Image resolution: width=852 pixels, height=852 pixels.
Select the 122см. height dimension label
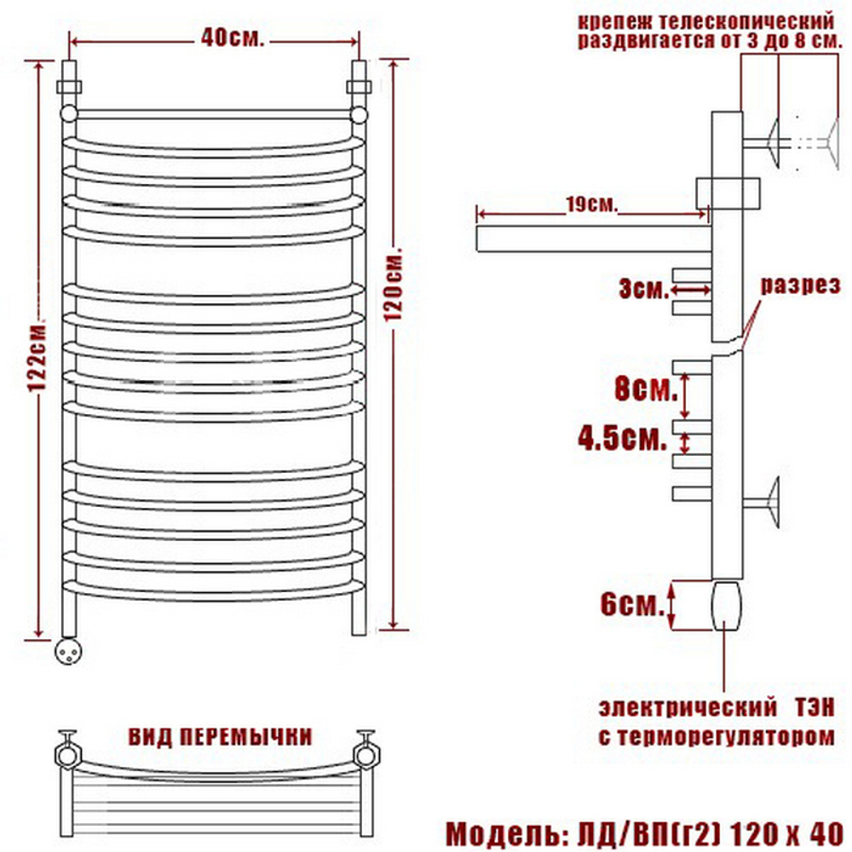38,357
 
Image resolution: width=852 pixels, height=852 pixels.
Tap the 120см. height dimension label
394,285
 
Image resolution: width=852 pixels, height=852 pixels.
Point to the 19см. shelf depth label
592,204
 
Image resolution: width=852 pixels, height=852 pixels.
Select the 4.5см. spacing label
622,437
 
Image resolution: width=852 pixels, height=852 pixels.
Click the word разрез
800,285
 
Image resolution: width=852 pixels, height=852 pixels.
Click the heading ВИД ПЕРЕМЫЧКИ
220,737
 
